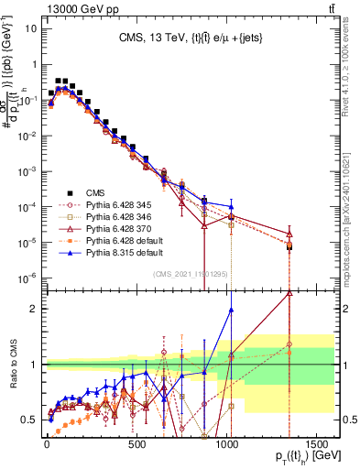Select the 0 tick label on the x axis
click(46, 444)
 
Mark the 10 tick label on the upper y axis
click(29, 27)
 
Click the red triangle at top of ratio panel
click(289, 294)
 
